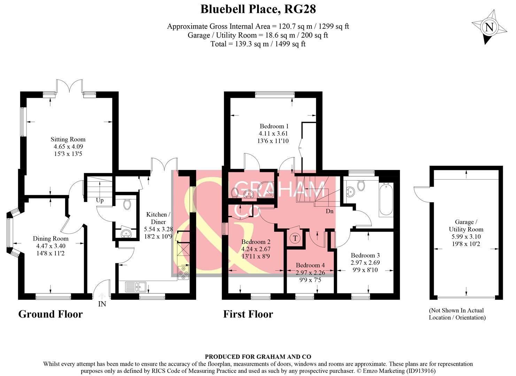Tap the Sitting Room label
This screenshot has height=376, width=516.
coord(68,139)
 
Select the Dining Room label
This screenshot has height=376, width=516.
coord(51,238)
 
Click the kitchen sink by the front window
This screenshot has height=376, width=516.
coord(136,287)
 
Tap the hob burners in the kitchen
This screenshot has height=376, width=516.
coord(183,273)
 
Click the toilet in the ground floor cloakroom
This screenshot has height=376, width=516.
coord(127,204)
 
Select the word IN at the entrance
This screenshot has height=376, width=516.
coord(102,304)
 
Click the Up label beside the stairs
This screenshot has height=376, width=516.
coord(100,200)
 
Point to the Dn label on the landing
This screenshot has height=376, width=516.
coord(329,211)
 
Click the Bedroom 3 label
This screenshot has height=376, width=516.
coord(365,255)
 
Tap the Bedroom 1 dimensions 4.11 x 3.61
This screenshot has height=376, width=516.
coord(273,134)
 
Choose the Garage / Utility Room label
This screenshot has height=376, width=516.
coord(466,226)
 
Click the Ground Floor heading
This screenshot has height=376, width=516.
coord(51,314)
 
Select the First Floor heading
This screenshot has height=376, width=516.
coord(248,314)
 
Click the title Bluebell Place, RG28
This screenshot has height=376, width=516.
coord(258,9)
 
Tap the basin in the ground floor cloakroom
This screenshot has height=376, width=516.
coord(126,234)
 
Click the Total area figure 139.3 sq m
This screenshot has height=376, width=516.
coord(252,44)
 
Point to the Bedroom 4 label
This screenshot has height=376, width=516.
coord(310,265)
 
